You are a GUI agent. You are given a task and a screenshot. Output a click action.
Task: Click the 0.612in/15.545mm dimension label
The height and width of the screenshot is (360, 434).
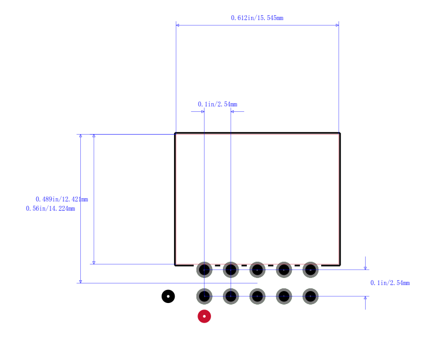point(257,18)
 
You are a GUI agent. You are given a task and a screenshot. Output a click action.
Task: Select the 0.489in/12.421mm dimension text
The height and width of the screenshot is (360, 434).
point(62,199)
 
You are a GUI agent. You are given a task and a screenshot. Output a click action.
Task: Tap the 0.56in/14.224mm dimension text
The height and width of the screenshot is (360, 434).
point(50,209)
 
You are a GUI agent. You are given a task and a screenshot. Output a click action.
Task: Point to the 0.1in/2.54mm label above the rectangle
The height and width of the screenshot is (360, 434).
point(218,104)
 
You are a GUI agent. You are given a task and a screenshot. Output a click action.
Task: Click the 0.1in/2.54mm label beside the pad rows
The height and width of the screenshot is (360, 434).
point(390,283)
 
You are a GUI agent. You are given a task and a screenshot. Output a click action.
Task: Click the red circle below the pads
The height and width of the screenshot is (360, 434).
point(205,316)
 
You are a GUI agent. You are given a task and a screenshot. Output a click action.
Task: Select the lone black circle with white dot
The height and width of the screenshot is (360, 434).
point(168,296)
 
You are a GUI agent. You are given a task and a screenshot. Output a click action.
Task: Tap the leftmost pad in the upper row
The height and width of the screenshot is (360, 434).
point(205,270)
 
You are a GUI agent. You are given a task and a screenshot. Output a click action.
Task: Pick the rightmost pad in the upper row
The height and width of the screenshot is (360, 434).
point(310,270)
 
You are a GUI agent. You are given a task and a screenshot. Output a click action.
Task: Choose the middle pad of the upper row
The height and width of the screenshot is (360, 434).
point(257,270)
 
